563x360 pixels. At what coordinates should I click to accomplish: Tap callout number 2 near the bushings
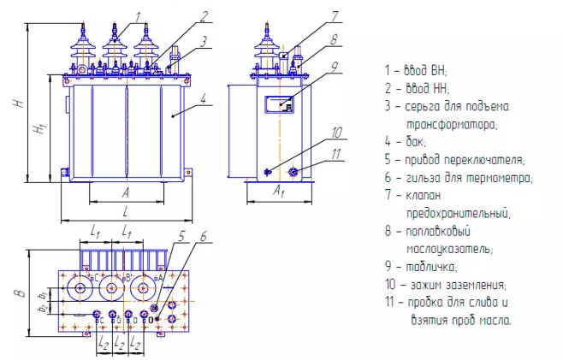pos(205,15)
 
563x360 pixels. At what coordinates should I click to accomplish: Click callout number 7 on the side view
pos(335,15)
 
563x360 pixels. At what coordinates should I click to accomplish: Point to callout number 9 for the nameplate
pos(335,66)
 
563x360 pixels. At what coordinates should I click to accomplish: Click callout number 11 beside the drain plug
pos(336,154)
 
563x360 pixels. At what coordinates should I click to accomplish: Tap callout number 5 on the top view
pos(182,236)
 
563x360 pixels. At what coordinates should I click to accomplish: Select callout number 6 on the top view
pos(203,236)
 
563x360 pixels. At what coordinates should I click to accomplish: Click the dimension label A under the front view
pos(125,192)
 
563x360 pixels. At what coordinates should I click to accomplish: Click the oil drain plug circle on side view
pos(293,172)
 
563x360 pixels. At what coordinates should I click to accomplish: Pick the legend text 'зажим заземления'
pos(458,284)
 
